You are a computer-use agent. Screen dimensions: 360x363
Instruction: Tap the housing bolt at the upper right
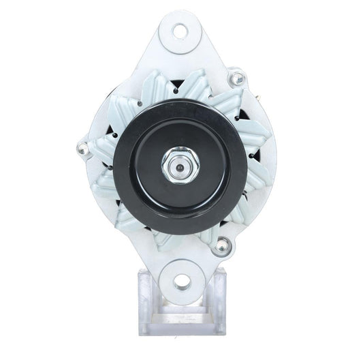237,80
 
